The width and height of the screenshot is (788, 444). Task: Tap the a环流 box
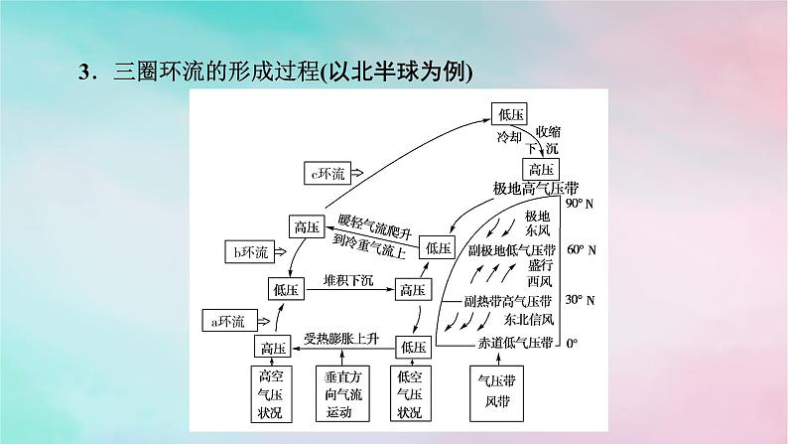(x=228, y=320)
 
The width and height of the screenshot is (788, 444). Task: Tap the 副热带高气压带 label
(x=508, y=300)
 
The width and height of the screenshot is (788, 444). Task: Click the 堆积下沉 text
(x=344, y=283)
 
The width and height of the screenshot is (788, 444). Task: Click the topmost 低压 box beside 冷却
(x=511, y=114)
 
